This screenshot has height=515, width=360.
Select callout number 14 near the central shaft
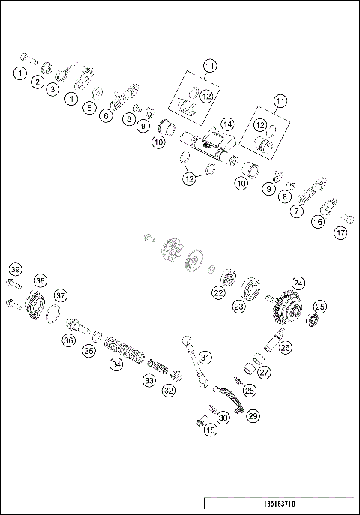227,124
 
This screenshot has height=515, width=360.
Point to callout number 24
298,283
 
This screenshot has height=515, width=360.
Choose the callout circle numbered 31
205,358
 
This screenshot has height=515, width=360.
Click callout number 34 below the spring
115,364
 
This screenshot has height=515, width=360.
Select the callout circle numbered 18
210,430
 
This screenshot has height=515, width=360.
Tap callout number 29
253,415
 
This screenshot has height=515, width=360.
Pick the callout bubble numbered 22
218,293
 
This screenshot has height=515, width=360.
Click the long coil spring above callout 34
124,349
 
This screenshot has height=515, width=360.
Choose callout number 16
318,222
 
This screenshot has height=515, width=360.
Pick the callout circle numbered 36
68,340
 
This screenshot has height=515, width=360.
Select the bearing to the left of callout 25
308,321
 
